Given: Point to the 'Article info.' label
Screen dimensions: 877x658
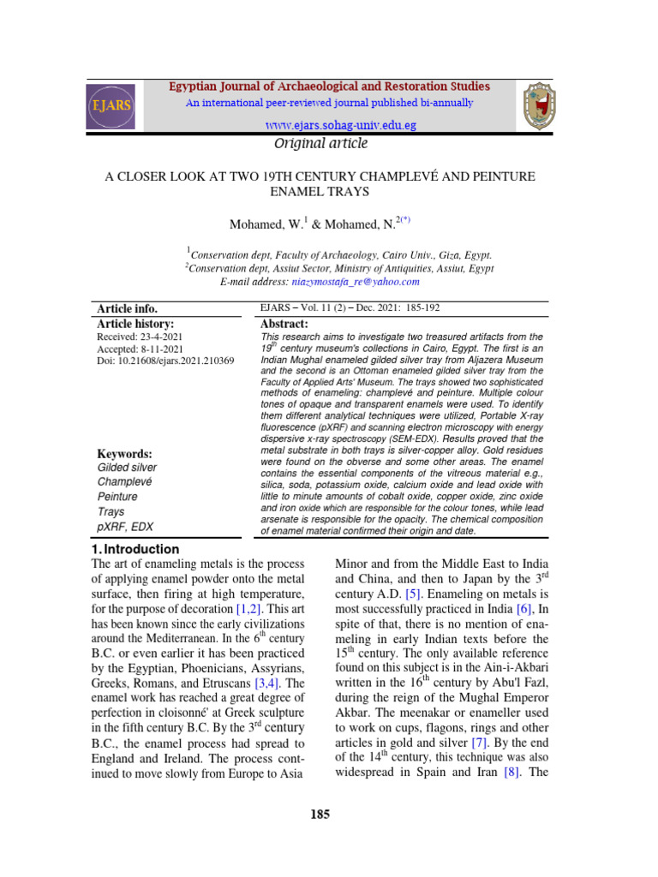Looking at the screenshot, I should click(x=127, y=308).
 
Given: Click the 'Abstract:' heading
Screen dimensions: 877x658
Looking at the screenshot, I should click(x=283, y=324).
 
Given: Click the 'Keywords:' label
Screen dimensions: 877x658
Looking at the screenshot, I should click(x=124, y=454).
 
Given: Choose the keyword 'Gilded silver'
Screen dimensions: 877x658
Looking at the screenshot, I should click(x=128, y=468).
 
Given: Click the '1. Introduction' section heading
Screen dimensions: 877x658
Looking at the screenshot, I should click(x=135, y=549).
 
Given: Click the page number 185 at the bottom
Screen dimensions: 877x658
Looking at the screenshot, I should click(x=320, y=814).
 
